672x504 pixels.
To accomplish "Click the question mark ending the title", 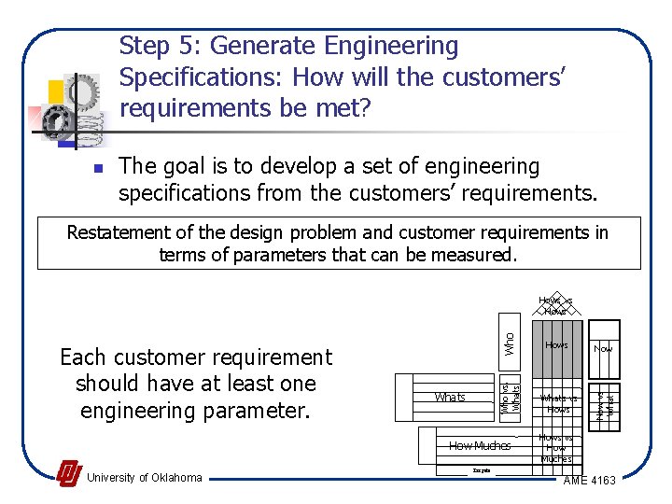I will pyautogui.click(x=365, y=108).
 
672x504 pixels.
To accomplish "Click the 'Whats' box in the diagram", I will pyautogui.click(x=450, y=398).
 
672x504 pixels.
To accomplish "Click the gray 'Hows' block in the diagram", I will pyautogui.click(x=556, y=345).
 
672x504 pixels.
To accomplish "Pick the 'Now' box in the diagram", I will pyautogui.click(x=604, y=347).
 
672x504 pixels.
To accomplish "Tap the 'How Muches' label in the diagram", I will pyautogui.click(x=479, y=446).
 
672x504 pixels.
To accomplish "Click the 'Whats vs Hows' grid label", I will pyautogui.click(x=558, y=403).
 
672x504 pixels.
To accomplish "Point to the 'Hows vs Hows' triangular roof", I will pyautogui.click(x=555, y=306).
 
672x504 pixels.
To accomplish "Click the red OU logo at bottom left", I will pyautogui.click(x=68, y=474).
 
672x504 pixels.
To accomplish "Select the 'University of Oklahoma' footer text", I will pyautogui.click(x=144, y=478).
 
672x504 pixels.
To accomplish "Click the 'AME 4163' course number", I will pyautogui.click(x=590, y=481).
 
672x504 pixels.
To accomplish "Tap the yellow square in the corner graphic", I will pyautogui.click(x=56, y=91).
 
